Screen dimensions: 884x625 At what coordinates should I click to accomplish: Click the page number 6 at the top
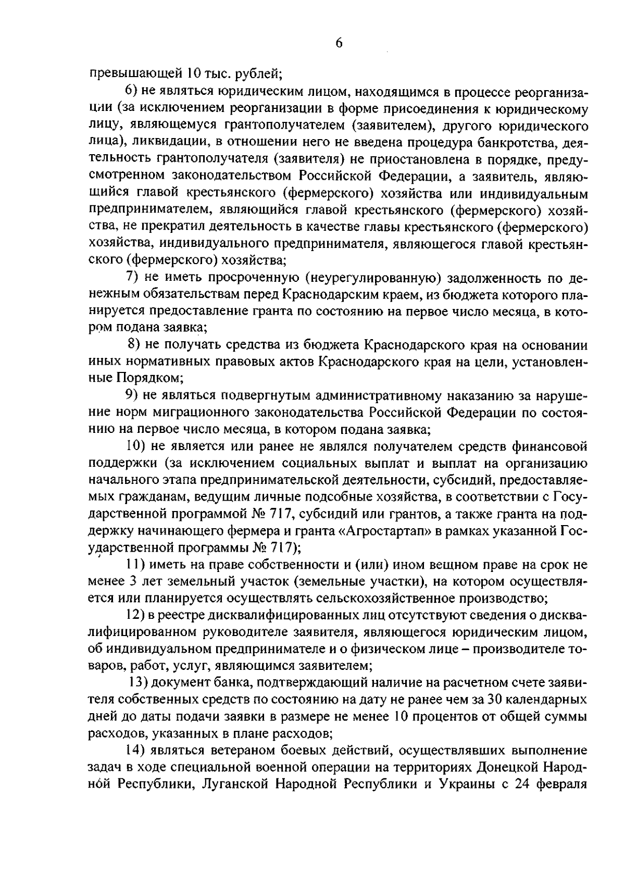click(339, 43)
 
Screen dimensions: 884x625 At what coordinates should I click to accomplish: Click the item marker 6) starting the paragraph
click(131, 93)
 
